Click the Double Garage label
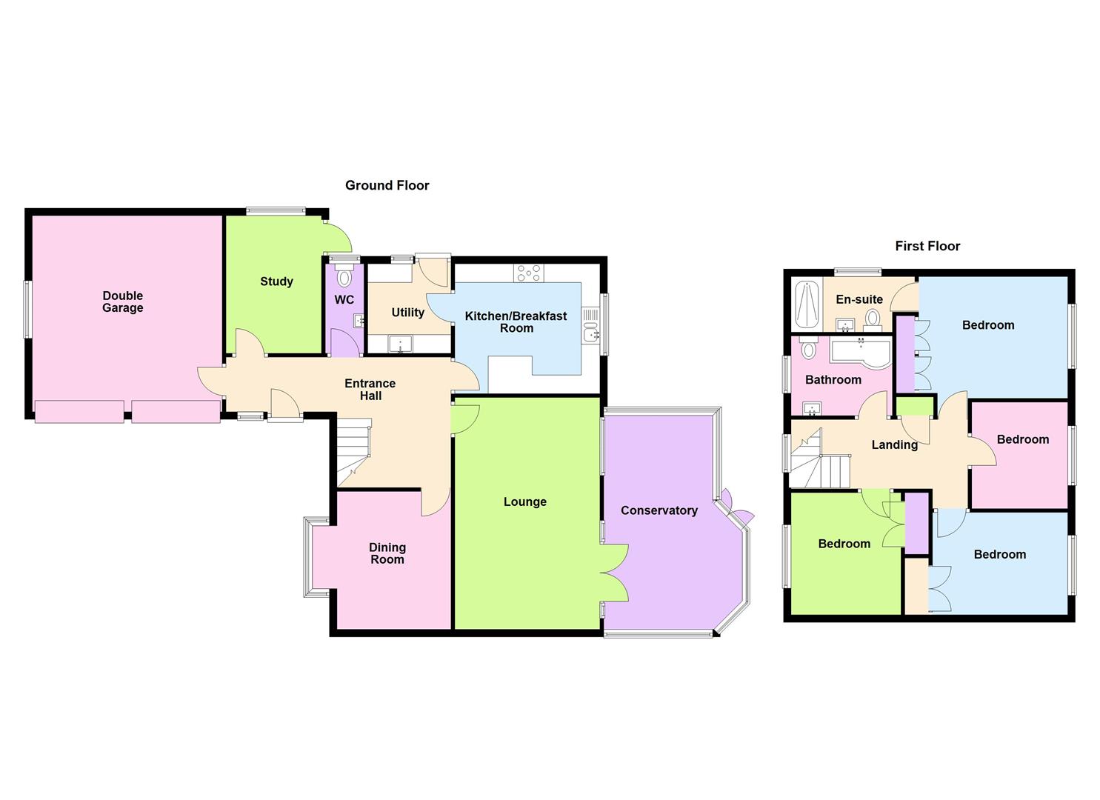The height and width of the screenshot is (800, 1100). pos(123,302)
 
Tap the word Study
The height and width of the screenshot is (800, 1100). pos(276,281)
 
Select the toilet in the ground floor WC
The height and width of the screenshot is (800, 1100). pos(344,278)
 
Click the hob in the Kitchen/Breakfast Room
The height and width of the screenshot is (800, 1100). pos(529,273)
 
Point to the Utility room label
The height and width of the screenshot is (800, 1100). pos(407,313)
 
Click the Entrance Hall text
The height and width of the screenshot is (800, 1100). pos(370,390)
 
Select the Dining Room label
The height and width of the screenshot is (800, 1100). pos(387,553)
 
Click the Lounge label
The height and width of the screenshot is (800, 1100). pos(524,502)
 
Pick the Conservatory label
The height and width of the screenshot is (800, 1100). pos(659,510)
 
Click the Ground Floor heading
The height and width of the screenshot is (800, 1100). pos(387,185)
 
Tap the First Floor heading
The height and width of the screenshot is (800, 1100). pos(927,246)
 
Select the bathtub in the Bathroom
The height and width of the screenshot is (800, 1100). pos(859,352)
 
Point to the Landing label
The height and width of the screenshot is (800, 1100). pos(894,445)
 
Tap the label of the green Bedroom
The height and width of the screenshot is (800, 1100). pos(844,544)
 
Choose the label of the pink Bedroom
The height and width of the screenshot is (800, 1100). pos(1022,439)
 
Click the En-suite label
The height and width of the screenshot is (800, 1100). pos(859,299)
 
